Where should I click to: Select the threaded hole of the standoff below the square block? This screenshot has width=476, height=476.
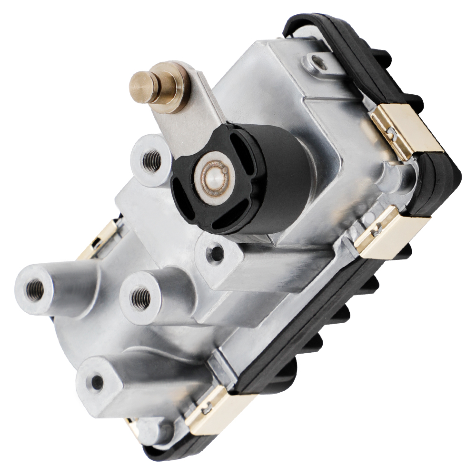[140, 298]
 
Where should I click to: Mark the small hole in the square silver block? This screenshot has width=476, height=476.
[217, 253]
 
